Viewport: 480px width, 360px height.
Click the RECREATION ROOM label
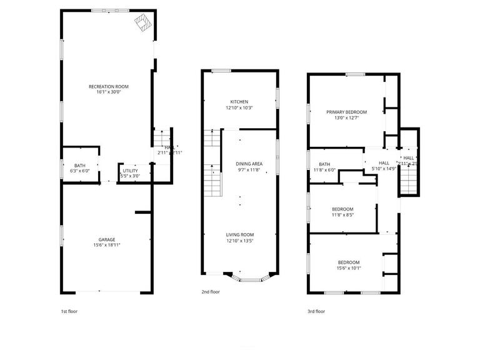[109, 86]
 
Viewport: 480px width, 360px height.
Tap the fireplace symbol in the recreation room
[144, 22]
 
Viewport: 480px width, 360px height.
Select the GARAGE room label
[106, 239]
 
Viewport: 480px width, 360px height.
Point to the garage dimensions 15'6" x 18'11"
[106, 246]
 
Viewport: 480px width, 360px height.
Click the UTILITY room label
[130, 170]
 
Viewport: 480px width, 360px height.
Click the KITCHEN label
[239, 102]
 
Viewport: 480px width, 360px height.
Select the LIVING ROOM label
[240, 234]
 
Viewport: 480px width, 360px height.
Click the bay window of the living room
[250, 277]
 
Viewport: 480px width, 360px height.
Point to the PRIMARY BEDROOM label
[346, 112]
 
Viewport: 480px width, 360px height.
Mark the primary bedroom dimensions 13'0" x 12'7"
[346, 118]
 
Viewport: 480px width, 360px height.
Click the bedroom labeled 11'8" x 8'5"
[342, 209]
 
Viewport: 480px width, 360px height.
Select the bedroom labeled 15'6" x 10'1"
[349, 262]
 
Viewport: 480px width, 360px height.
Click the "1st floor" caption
[69, 311]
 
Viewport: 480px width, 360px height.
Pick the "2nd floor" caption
[211, 291]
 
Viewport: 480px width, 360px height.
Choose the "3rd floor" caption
[316, 311]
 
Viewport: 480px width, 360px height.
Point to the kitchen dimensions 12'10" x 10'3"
[239, 108]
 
